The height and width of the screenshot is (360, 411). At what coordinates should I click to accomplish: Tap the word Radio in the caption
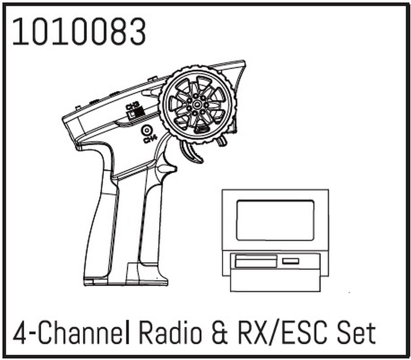pyautogui.click(x=170, y=333)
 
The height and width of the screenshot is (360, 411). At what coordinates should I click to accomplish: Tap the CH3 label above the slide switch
pyautogui.click(x=131, y=106)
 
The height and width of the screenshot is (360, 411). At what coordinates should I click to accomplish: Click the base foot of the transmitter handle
pyautogui.click(x=125, y=280)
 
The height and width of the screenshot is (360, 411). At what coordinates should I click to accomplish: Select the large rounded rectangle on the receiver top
pyautogui.click(x=275, y=220)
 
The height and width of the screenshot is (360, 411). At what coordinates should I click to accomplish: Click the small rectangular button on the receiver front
pyautogui.click(x=291, y=261)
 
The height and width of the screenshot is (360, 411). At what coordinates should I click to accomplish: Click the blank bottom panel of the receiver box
pyautogui.click(x=275, y=281)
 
